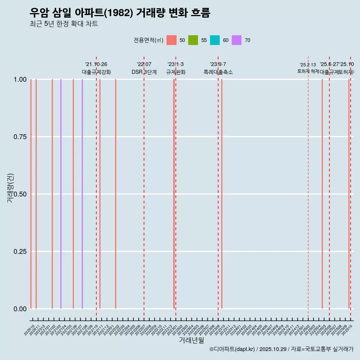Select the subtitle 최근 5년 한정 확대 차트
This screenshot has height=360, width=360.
tap(64, 24)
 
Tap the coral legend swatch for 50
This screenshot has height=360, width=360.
tap(171, 40)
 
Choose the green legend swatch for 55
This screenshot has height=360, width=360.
tap(193, 40)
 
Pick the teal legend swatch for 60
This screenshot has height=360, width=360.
tap(215, 40)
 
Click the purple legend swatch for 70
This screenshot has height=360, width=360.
tap(237, 40)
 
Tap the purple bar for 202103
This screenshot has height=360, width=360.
tap(61, 194)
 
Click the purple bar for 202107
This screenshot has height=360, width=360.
tap(82, 194)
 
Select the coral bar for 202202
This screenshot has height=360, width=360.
tap(115, 194)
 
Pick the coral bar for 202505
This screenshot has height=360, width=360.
tap(322, 194)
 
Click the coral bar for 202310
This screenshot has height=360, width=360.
tap(222, 194)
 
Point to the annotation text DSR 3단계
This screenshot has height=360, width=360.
tap(144, 72)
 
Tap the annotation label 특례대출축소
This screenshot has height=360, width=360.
tap(218, 72)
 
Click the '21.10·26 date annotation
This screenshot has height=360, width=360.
tap(96, 64)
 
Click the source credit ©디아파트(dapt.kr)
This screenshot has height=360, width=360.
tap(232, 349)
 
